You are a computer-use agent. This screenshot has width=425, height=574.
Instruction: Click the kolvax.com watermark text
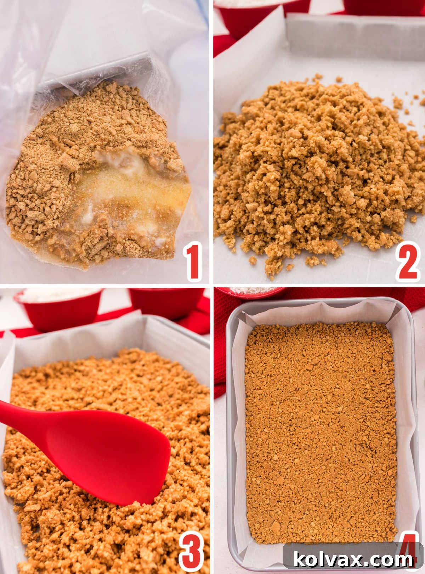point(353,560)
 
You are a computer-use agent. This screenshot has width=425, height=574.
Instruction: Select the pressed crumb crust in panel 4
point(321,429)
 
